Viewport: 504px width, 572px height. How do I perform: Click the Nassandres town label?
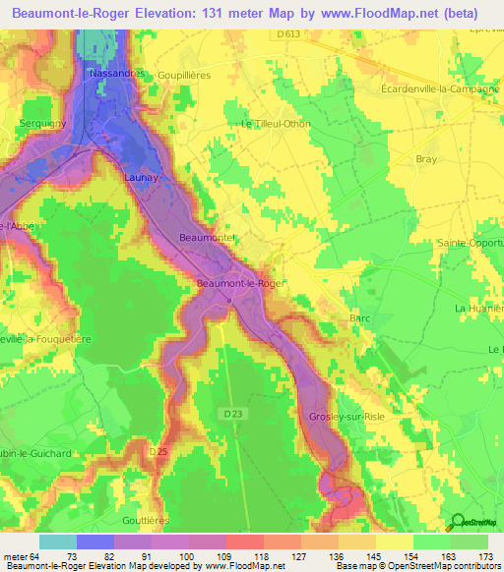[117, 74]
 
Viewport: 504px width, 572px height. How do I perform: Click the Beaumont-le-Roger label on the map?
[241, 283]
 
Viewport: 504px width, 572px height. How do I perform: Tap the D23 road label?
[233, 415]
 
